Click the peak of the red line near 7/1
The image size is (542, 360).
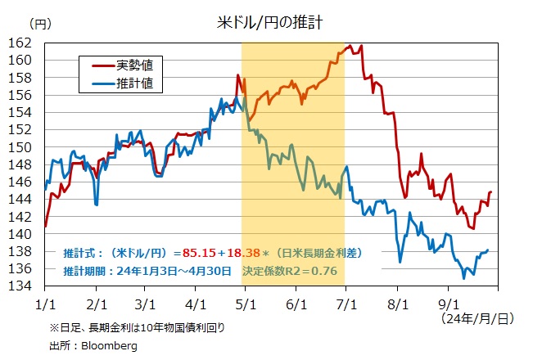pos(350,46)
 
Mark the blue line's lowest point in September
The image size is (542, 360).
pos(463,278)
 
